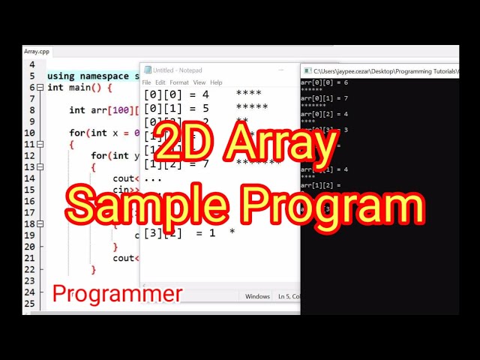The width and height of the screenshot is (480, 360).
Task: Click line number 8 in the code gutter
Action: tap(31, 110)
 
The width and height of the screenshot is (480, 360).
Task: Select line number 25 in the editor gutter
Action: tap(29, 304)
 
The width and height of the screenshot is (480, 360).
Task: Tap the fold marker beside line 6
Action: tap(40, 88)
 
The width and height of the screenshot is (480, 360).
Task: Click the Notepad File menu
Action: tap(147, 82)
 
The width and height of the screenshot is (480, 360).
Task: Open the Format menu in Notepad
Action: tap(179, 82)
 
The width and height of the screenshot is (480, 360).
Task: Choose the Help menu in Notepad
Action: tap(216, 82)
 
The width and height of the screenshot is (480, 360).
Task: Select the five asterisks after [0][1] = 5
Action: tap(251, 108)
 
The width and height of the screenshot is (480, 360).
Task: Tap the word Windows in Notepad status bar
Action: tap(257, 296)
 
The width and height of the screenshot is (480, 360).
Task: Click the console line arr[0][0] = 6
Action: tap(325, 82)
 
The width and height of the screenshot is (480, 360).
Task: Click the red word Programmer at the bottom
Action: tap(117, 294)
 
